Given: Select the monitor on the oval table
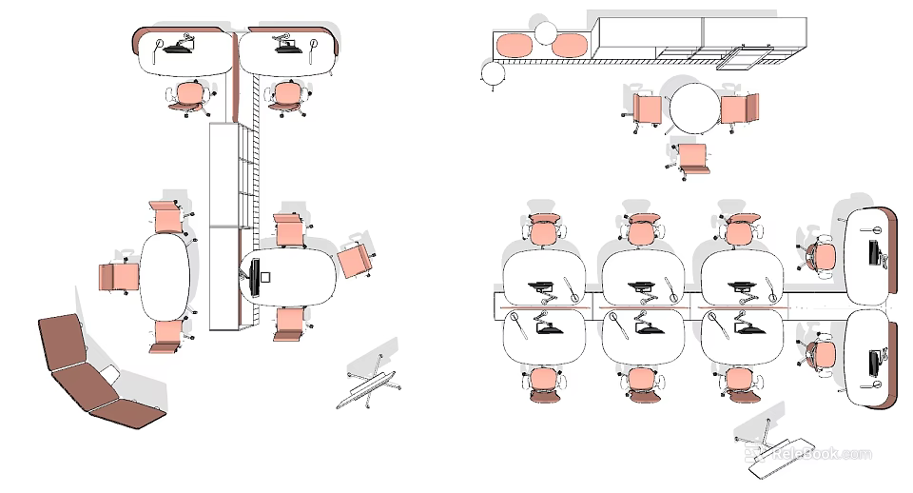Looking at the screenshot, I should [x=253, y=277].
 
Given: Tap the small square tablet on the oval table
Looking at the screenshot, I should [x=266, y=277].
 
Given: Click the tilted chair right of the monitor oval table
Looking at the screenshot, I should [x=355, y=259].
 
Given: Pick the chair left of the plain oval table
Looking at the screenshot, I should [x=119, y=278].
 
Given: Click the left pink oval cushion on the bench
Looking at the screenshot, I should [x=513, y=45].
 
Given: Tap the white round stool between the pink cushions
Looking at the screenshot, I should [x=545, y=34].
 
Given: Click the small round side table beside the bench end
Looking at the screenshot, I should [x=494, y=73].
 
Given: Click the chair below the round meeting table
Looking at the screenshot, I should [x=691, y=158].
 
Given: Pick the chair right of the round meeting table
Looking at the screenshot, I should [x=739, y=108].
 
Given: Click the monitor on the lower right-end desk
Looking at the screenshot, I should [x=873, y=363].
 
